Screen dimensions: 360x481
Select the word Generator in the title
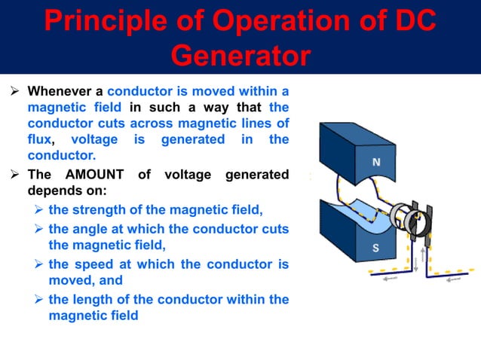coord(240,56)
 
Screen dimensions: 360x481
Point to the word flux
coord(39,140)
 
